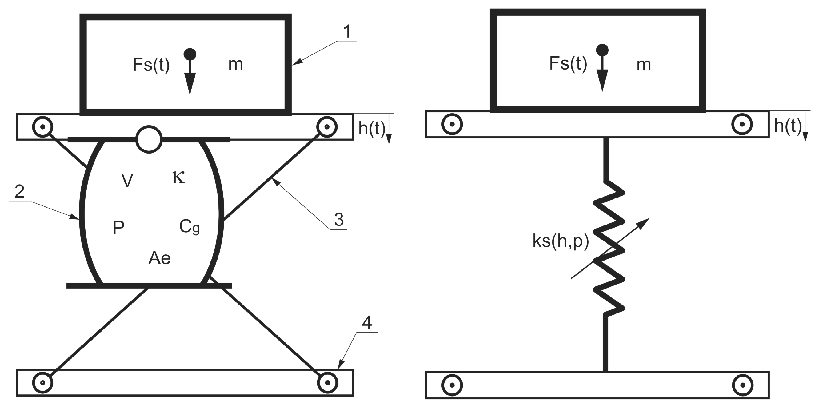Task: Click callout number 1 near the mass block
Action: click(347, 32)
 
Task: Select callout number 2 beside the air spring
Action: click(19, 192)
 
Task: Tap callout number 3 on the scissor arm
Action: click(339, 220)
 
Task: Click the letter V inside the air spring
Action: click(127, 181)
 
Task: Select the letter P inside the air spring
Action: click(118, 228)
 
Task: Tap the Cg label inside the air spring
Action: click(190, 227)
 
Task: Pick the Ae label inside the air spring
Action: click(159, 258)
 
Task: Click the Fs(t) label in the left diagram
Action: click(151, 65)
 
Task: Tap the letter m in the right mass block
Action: click(644, 65)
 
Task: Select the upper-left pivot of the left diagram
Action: click(42, 127)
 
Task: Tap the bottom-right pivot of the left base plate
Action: click(327, 383)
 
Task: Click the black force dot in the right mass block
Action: click(602, 50)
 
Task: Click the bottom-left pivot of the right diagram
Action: click(452, 385)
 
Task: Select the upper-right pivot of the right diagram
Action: click(742, 124)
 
